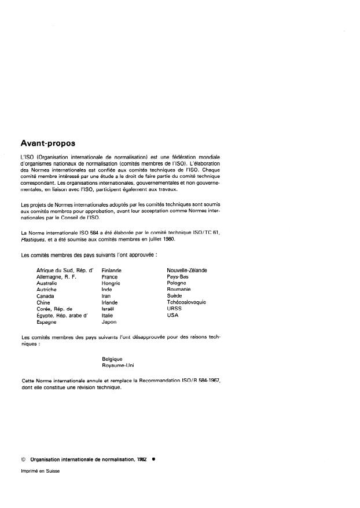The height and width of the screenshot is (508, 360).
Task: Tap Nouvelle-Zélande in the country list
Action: click(187, 270)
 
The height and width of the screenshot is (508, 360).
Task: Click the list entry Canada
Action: click(46, 295)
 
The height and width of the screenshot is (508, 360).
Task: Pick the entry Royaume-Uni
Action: click(117, 365)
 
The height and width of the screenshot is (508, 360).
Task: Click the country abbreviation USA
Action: click(172, 315)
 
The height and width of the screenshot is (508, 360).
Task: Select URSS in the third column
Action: click(174, 309)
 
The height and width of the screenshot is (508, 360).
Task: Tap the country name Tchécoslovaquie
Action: click(186, 302)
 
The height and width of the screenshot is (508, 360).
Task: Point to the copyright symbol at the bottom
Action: click(23, 458)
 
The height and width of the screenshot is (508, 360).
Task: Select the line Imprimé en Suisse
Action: click(41, 471)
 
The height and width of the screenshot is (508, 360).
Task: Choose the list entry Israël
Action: click(108, 309)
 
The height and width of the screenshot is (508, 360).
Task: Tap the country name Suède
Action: click(174, 295)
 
